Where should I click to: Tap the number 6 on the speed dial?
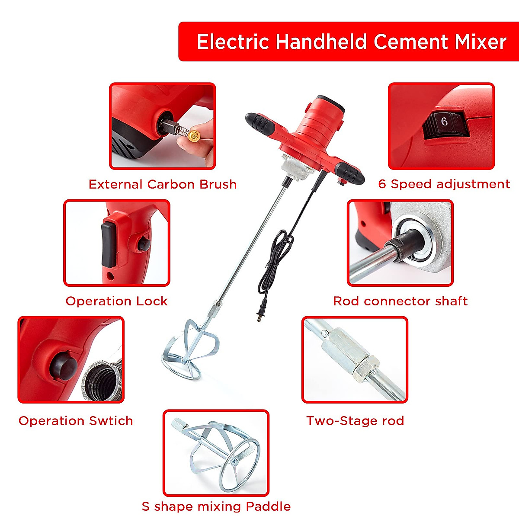tap(444, 122)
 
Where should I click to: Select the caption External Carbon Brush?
tap(163, 184)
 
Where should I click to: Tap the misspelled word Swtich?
tap(111, 421)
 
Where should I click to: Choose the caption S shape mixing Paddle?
tap(216, 506)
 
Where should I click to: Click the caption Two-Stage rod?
tap(355, 421)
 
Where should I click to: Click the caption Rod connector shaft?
tap(400, 301)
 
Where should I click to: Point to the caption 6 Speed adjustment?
tap(444, 184)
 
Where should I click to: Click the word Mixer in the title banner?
tap(480, 42)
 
